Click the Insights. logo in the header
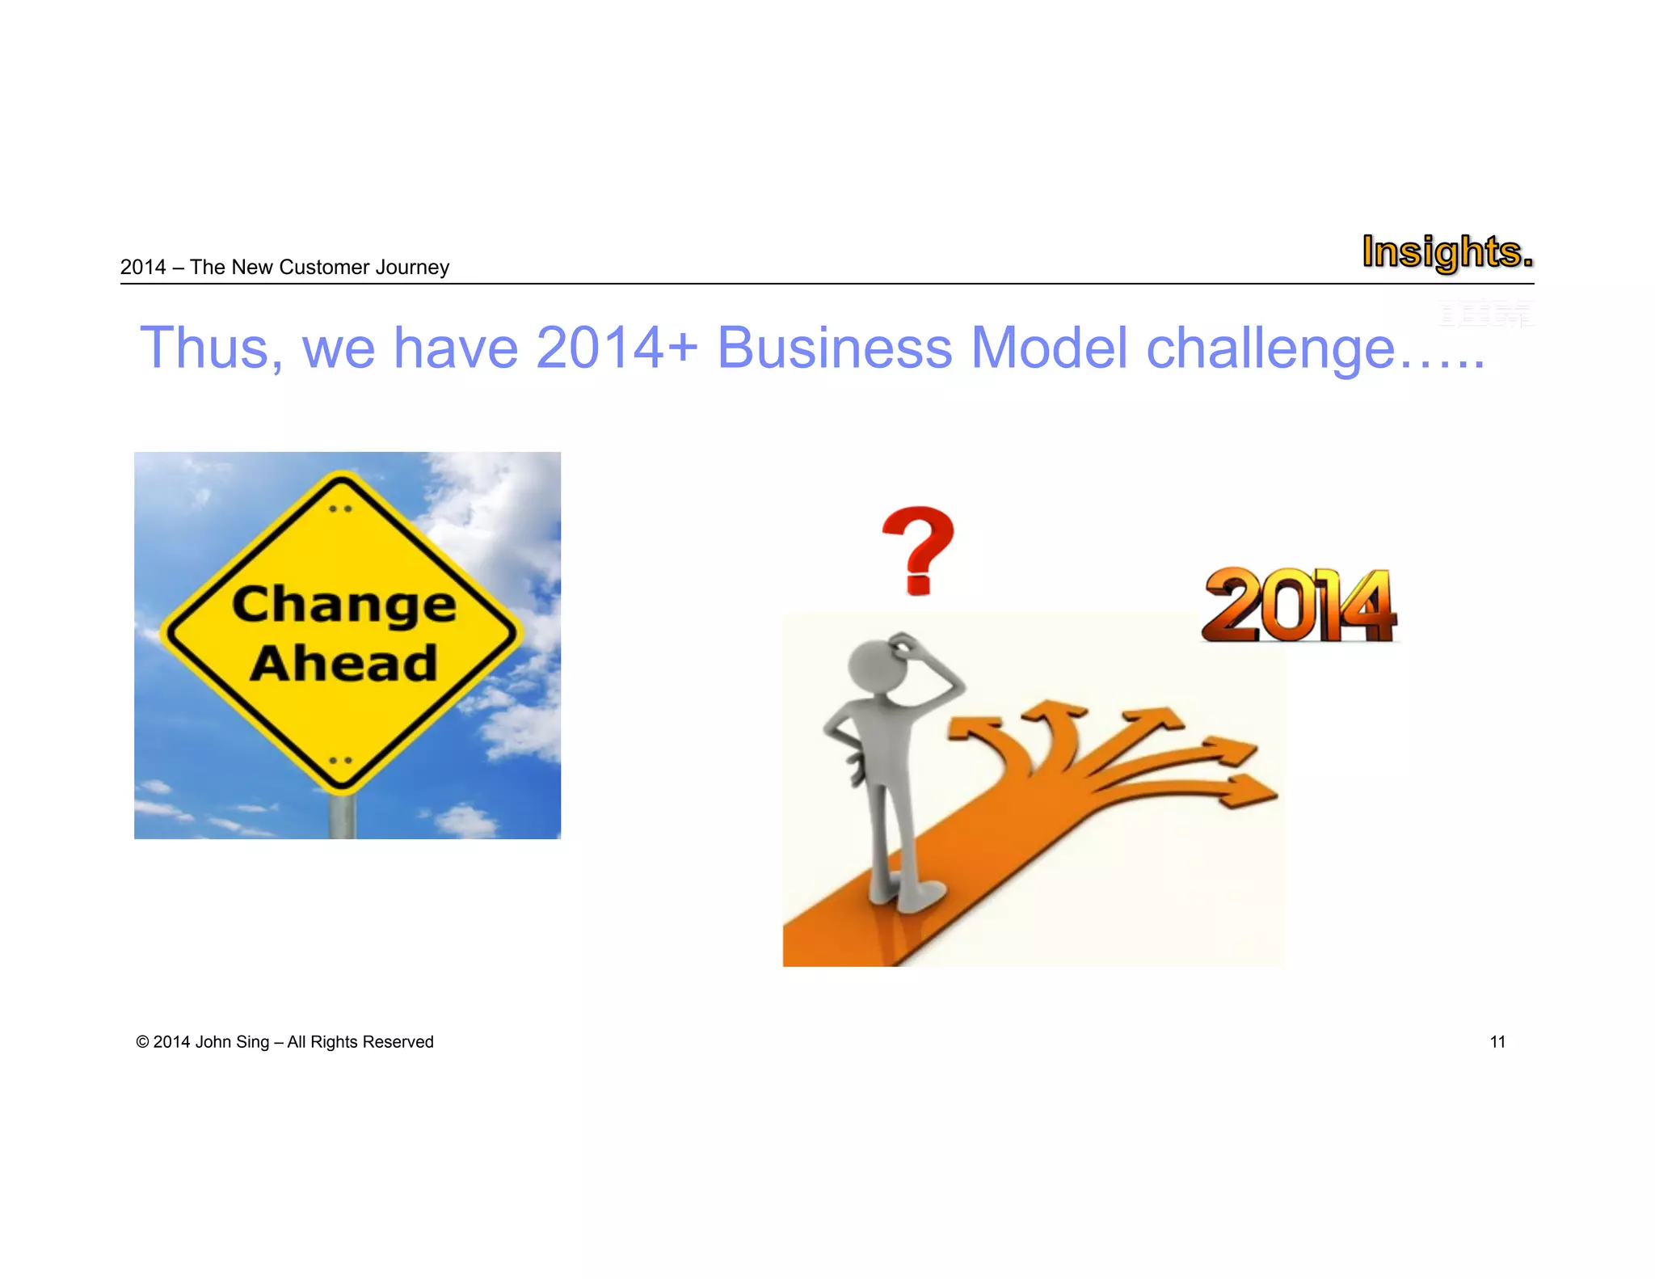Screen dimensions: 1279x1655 click(x=1447, y=251)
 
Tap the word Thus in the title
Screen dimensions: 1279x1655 click(x=212, y=348)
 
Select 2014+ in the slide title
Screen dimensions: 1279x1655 click(x=616, y=348)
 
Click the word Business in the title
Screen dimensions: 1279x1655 click(x=834, y=348)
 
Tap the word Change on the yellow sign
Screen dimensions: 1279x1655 click(x=344, y=605)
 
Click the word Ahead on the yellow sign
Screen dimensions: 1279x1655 click(x=344, y=664)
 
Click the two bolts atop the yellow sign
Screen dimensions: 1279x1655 click(x=341, y=509)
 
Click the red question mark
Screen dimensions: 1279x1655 click(x=918, y=550)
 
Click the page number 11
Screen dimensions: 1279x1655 click(x=1497, y=1042)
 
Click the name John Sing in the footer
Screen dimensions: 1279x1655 click(x=232, y=1042)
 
